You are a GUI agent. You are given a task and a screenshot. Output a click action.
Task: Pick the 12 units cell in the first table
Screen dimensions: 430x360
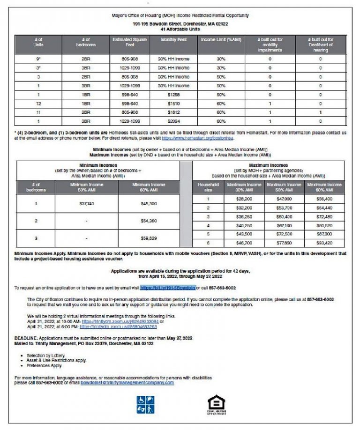(38, 103)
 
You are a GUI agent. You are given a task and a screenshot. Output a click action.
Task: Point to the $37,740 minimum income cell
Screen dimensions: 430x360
(86, 204)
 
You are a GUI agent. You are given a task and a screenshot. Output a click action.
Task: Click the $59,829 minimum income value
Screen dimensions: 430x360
(149, 237)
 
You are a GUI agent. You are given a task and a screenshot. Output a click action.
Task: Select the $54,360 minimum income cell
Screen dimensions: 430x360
(149, 221)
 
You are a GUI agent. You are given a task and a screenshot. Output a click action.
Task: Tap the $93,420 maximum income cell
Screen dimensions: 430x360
(324, 242)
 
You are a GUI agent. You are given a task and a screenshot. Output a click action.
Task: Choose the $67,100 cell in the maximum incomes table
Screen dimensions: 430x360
(286, 225)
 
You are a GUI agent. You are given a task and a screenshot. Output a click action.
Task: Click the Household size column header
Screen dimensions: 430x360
(209, 187)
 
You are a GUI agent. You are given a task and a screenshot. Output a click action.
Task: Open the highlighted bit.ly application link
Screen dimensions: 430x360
(167, 288)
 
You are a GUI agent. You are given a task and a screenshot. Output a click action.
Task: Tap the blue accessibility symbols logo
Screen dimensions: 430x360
(146, 404)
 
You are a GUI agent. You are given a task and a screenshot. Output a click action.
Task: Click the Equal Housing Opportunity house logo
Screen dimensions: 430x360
(216, 404)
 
